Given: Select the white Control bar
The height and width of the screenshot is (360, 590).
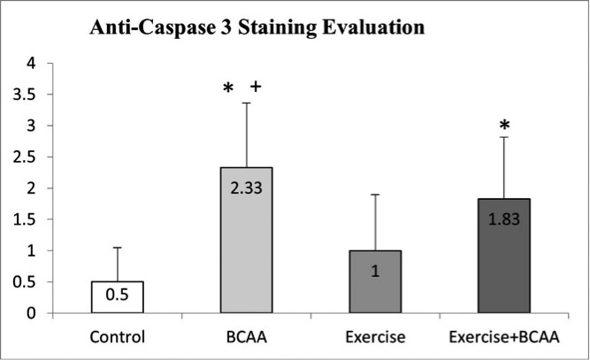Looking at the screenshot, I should coord(118,297).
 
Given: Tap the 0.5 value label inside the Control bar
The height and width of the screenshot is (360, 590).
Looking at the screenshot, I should coord(118,297).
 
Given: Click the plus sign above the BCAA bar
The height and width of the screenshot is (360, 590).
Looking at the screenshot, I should coord(256,87).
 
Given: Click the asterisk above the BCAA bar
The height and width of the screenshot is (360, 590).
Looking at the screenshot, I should coord(228,88).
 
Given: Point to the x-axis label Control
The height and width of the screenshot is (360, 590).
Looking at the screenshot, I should coord(118,337).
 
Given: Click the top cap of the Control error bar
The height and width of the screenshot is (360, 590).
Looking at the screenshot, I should coord(118,248).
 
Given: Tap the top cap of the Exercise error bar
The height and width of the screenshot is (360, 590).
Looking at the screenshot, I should coord(376,195).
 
